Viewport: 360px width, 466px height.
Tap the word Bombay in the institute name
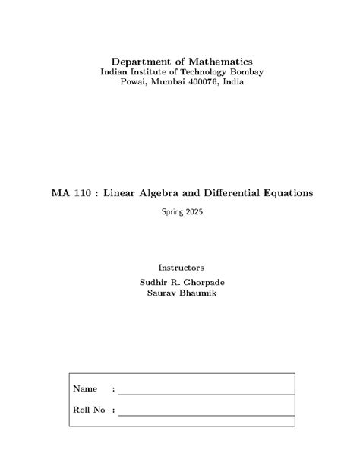pyautogui.click(x=239, y=71)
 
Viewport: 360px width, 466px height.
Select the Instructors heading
pyautogui.click(x=180, y=268)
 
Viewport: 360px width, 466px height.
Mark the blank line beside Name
pyautogui.click(x=206, y=394)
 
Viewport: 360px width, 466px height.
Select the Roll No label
pyautogui.click(x=88, y=411)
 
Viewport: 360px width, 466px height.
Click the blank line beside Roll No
pyautogui.click(x=206, y=415)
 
